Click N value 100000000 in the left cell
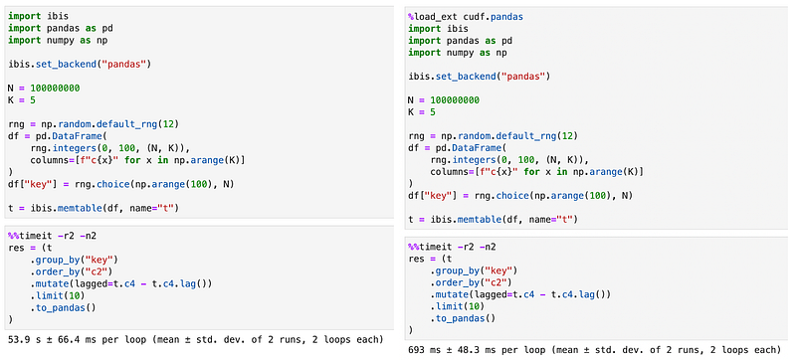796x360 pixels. tap(55, 89)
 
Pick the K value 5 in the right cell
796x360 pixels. tap(432, 112)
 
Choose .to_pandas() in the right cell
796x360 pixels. tap(463, 318)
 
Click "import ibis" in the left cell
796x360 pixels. tap(31, 16)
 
